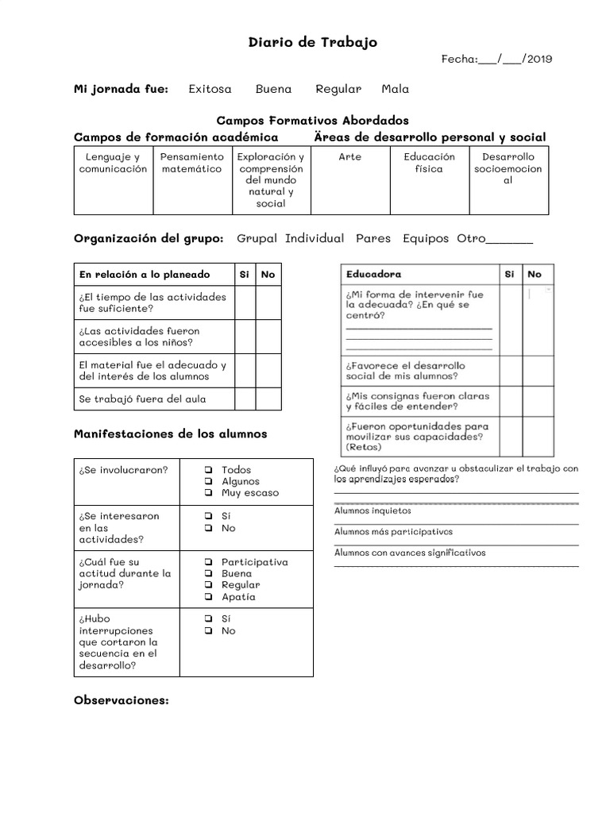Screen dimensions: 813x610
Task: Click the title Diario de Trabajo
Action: click(x=313, y=42)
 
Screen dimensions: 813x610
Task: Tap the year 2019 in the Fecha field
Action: click(x=539, y=59)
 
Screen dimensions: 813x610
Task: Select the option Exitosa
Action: click(x=210, y=89)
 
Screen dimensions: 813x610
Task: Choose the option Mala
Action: click(x=395, y=89)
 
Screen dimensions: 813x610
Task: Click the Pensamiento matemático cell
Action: click(x=191, y=164)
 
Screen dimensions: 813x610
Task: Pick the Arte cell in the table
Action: click(x=349, y=157)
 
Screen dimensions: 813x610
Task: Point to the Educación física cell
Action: click(x=429, y=164)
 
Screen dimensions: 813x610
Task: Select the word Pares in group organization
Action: click(x=373, y=238)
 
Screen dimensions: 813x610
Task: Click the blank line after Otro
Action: click(x=508, y=241)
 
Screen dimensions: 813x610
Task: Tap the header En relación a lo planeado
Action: click(x=145, y=274)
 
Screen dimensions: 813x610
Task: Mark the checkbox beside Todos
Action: click(x=207, y=470)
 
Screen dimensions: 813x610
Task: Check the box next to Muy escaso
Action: click(x=207, y=493)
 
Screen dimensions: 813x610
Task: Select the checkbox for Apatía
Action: click(x=207, y=597)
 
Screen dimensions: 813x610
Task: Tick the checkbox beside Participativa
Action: click(x=207, y=562)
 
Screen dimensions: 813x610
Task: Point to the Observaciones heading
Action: click(x=121, y=700)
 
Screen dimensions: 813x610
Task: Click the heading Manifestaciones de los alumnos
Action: click(x=170, y=434)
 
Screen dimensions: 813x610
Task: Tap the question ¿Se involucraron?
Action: click(x=123, y=470)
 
